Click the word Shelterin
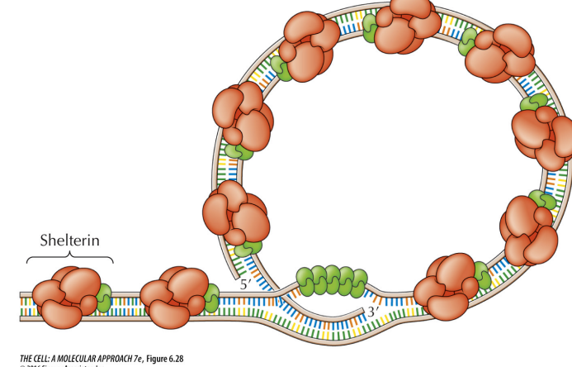70,241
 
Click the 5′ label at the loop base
245,284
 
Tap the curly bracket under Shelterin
70,257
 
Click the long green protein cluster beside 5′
328,282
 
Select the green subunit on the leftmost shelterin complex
103,298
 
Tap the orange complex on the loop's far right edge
540,132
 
